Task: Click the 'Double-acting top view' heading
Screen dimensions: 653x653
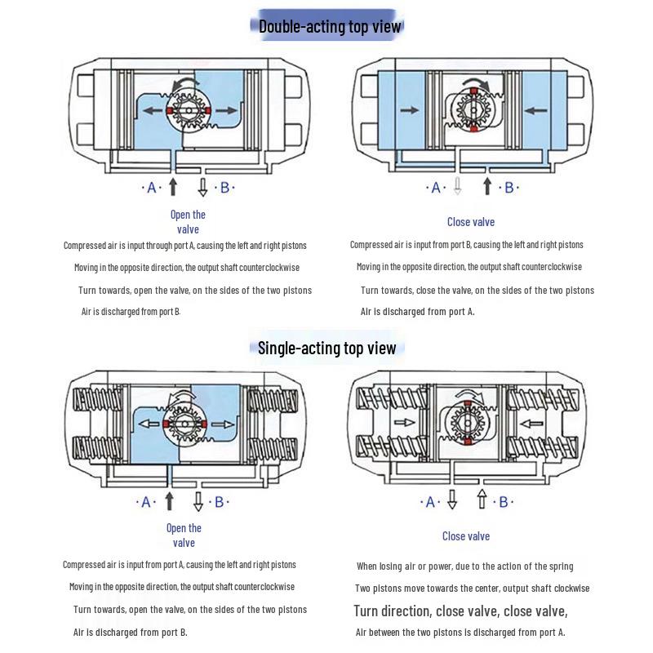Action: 330,26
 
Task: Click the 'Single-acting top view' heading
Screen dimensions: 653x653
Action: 326,349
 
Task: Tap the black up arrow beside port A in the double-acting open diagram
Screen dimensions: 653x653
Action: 173,187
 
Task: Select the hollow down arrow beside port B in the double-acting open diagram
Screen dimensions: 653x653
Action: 202,188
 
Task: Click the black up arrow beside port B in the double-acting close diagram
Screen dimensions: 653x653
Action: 487,187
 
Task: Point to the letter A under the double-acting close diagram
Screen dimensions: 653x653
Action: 436,188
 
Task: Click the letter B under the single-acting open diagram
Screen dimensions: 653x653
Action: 219,502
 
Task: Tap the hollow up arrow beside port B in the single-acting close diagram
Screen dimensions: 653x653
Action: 482,499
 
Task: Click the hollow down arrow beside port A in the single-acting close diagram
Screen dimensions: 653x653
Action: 452,500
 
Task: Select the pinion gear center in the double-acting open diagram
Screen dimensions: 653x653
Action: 189,111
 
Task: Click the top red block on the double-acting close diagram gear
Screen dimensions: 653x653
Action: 473,91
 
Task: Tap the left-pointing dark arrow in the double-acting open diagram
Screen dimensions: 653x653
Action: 153,111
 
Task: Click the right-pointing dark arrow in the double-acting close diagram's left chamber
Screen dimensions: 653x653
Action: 410,110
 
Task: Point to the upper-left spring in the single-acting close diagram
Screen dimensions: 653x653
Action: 393,398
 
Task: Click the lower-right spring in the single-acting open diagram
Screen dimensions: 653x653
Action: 273,450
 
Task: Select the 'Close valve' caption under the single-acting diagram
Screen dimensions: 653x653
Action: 465,536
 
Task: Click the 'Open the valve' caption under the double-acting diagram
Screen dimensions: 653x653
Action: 188,222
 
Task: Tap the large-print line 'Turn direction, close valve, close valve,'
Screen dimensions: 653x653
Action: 460,611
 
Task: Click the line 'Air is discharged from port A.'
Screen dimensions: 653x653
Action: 417,312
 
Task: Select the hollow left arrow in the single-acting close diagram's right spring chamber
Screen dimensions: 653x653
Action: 532,424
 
